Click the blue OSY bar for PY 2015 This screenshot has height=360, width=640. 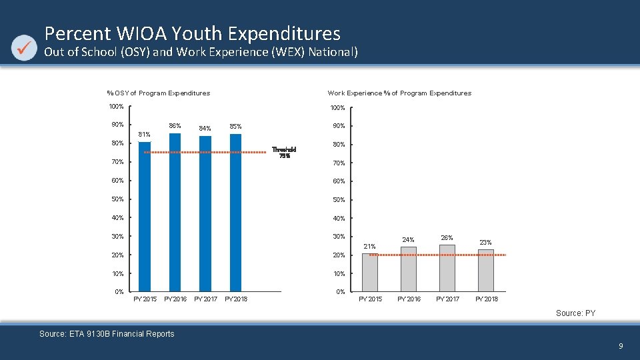click(145, 217)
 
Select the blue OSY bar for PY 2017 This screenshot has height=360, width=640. click(205, 213)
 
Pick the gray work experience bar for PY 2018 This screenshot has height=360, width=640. click(486, 271)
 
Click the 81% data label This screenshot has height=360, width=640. click(144, 135)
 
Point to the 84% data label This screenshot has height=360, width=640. click(205, 129)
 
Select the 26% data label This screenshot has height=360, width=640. click(447, 238)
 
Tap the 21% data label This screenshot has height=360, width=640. click(369, 247)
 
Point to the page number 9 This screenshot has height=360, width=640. click(621, 346)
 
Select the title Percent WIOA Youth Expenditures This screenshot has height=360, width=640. click(192, 33)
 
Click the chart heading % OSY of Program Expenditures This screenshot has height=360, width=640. click(159, 93)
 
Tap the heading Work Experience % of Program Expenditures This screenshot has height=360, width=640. click(399, 93)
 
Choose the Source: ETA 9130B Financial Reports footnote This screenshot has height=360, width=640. click(107, 334)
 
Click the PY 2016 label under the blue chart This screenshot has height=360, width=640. click(175, 299)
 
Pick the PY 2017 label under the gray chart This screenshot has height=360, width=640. click(447, 299)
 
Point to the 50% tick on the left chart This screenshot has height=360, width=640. click(117, 199)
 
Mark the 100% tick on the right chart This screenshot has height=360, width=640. click(337, 108)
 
